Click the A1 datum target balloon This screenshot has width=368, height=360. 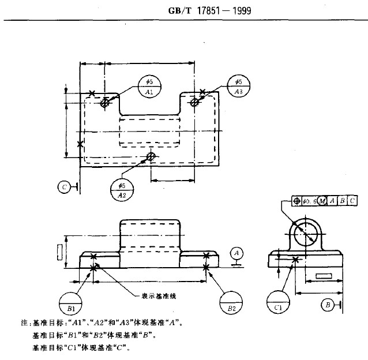(149, 87)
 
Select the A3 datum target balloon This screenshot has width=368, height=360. (238, 86)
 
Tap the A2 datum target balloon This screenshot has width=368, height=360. (122, 190)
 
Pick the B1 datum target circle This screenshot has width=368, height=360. (71, 303)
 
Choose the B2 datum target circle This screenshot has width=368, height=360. (232, 303)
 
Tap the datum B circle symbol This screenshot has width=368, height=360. (327, 304)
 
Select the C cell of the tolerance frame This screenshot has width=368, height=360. (352, 201)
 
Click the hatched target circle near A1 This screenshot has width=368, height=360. (105, 103)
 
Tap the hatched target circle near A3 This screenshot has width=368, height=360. (195, 102)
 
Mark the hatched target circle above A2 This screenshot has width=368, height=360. (151, 156)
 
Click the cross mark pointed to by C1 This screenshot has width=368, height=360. (296, 260)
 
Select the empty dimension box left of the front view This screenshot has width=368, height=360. (59, 252)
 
